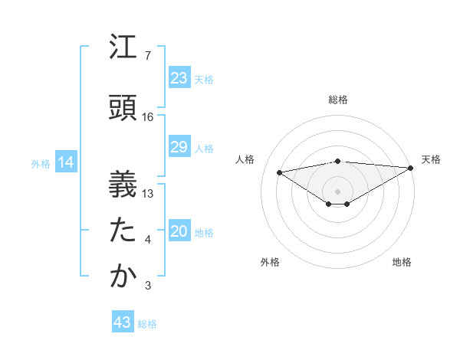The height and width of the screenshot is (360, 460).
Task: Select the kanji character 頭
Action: click(x=123, y=107)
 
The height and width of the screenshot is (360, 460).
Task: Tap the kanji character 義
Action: click(x=123, y=184)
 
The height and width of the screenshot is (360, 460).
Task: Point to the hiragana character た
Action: click(x=123, y=231)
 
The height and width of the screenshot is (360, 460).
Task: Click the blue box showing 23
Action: click(x=179, y=78)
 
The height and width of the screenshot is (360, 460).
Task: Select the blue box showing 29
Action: click(x=179, y=147)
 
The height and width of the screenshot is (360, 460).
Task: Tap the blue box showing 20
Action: click(x=179, y=231)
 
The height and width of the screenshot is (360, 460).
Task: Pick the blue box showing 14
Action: click(x=65, y=162)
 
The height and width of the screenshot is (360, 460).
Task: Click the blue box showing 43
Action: click(x=122, y=322)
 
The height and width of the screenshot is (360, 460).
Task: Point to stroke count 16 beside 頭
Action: click(x=148, y=117)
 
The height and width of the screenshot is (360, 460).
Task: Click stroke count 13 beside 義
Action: click(x=148, y=194)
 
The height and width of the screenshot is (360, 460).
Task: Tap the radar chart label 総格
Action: click(x=337, y=100)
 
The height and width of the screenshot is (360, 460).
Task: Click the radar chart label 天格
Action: click(x=431, y=159)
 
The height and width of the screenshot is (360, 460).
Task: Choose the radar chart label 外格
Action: click(x=270, y=262)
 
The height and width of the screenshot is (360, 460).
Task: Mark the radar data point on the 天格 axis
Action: click(x=411, y=168)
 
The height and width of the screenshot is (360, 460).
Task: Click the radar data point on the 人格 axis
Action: click(x=280, y=172)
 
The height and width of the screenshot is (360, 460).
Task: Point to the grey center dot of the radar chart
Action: click(x=337, y=191)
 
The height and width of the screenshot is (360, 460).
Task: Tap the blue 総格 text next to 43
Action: click(x=147, y=324)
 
